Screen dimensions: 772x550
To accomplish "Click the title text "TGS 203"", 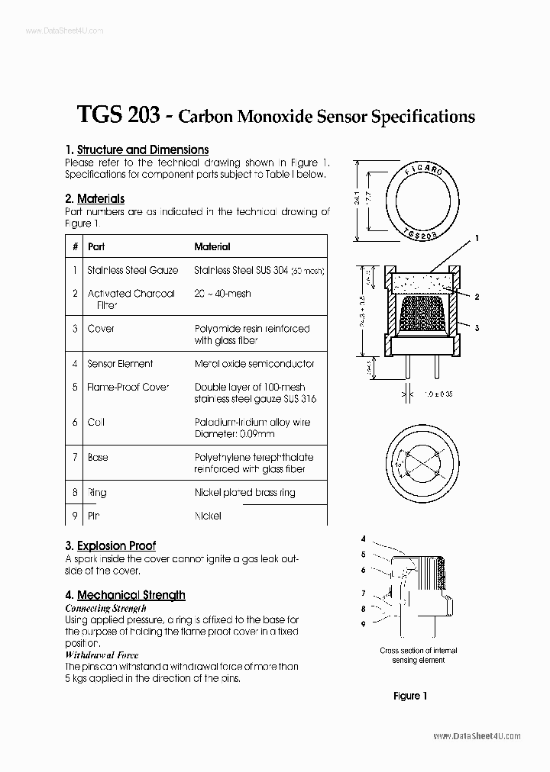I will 118,116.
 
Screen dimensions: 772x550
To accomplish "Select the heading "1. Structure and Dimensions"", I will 137,150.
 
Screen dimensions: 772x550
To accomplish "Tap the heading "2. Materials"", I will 95,198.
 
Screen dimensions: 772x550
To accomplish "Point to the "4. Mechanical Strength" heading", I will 125,595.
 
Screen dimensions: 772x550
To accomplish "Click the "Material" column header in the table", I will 212,247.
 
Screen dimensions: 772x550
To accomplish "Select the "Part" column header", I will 96,247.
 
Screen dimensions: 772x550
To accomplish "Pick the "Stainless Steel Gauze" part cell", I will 133,270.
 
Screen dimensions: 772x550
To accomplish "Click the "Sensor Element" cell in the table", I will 120,364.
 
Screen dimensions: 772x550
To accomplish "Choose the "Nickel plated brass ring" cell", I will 244,493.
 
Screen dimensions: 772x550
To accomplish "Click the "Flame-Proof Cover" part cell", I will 128,387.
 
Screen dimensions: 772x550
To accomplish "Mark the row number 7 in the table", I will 75,458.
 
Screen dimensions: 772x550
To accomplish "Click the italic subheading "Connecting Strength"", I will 105,609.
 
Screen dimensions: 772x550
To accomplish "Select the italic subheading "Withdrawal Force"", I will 101,655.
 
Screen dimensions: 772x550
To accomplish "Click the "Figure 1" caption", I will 410,696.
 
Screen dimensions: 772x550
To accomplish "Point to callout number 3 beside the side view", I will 476,327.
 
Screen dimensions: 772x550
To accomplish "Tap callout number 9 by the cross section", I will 364,624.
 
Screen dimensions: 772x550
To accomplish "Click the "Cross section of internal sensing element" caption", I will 419,655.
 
